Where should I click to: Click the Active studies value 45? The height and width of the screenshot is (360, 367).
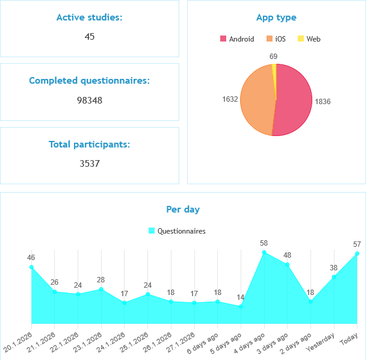pyautogui.click(x=90, y=37)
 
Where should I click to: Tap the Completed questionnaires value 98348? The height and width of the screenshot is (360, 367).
pyautogui.click(x=90, y=100)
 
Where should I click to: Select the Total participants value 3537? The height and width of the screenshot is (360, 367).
pyautogui.click(x=90, y=163)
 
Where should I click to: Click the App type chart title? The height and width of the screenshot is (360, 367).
pyautogui.click(x=276, y=18)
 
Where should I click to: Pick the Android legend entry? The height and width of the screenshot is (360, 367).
pyautogui.click(x=237, y=39)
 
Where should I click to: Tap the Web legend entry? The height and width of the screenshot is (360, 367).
pyautogui.click(x=309, y=39)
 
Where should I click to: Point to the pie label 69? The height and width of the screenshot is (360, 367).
pyautogui.click(x=273, y=57)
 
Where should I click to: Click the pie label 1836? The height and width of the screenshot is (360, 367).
pyautogui.click(x=322, y=102)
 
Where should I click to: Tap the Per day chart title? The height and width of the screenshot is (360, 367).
pyautogui.click(x=183, y=209)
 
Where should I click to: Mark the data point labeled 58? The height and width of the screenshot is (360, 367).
pyautogui.click(x=264, y=253)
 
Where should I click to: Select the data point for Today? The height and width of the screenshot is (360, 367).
pyautogui.click(x=357, y=253)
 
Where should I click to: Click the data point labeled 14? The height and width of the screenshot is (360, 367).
pyautogui.click(x=241, y=306)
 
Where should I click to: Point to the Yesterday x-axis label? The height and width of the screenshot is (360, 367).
pyautogui.click(x=321, y=341)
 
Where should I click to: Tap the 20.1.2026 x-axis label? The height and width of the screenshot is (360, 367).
pyautogui.click(x=18, y=341)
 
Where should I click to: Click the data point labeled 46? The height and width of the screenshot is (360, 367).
pyautogui.click(x=31, y=267)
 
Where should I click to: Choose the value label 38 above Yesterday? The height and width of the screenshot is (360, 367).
pyautogui.click(x=333, y=267)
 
